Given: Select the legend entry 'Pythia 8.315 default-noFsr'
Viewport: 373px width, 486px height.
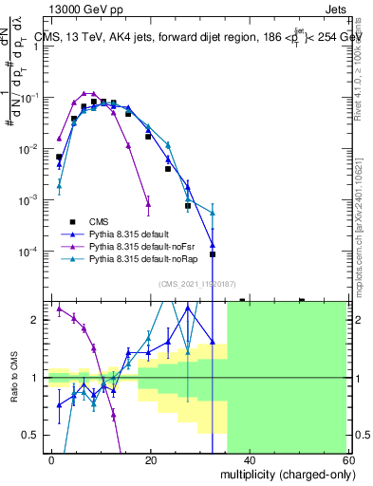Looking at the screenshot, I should (x=129, y=245).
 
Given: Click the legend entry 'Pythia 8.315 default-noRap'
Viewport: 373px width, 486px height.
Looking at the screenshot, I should (x=130, y=258).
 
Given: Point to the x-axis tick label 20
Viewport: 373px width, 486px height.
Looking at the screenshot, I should (x=151, y=460).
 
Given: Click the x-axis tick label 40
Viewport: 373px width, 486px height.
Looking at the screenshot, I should (x=249, y=460).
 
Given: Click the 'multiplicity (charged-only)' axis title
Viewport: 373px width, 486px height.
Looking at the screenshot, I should (x=282, y=474).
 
